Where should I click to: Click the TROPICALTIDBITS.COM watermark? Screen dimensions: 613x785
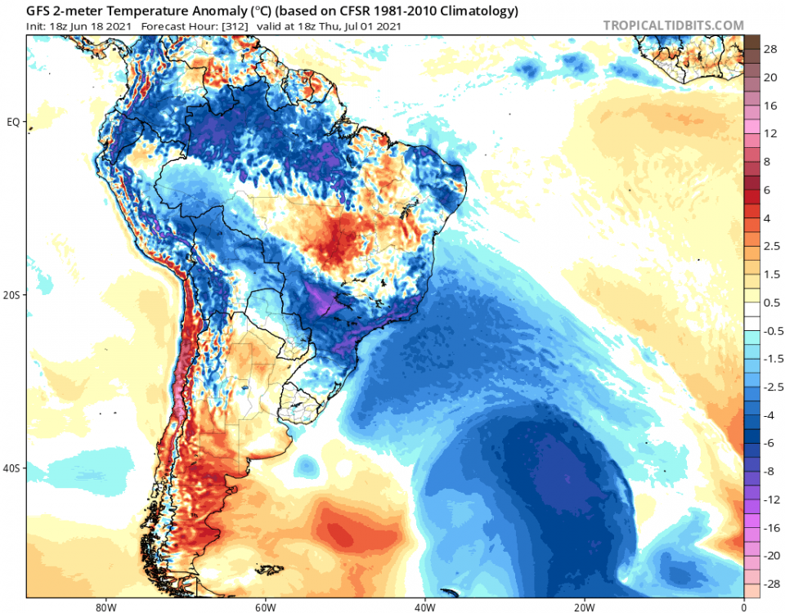coord(673,25)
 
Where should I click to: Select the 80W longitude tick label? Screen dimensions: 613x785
coord(103,607)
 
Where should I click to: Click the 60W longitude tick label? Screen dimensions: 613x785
coord(263,607)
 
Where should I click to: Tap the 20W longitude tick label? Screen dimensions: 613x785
coord(583,607)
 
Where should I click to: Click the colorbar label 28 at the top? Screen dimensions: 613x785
coord(770,49)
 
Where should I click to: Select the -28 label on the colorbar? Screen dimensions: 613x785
coord(770,584)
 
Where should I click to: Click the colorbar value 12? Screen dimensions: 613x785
coord(770,133)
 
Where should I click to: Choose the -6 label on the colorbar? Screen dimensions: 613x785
coord(769,443)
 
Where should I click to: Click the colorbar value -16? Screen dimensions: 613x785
coord(770,527)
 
